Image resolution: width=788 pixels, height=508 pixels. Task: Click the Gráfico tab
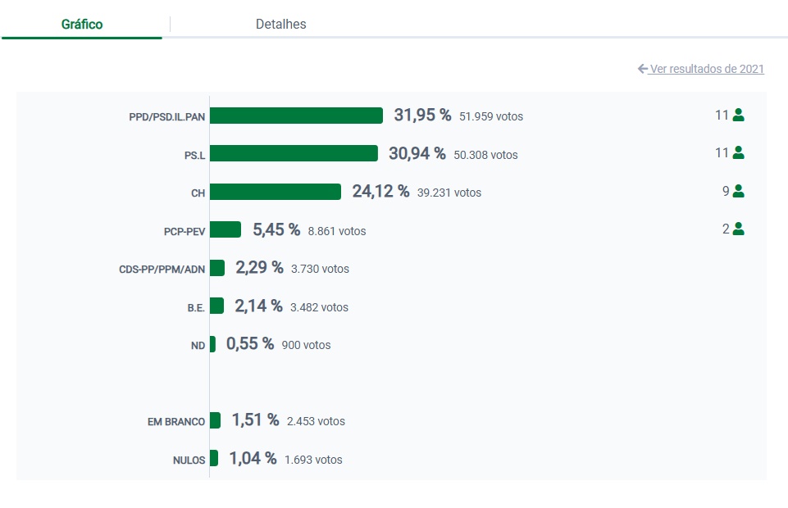click(x=82, y=25)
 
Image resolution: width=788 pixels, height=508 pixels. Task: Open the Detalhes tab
click(x=280, y=25)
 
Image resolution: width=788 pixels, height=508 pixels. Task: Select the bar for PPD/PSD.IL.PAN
click(x=296, y=116)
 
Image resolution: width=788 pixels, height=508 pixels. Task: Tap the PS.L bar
click(x=294, y=153)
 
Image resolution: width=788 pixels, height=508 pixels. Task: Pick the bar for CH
click(x=276, y=192)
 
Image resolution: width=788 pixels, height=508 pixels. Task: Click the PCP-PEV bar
click(x=225, y=229)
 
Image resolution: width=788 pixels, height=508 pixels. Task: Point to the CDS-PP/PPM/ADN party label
click(x=162, y=269)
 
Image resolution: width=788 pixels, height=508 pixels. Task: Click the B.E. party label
click(x=195, y=307)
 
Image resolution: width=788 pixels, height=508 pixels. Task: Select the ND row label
click(x=198, y=346)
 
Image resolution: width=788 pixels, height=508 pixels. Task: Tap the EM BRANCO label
click(x=176, y=422)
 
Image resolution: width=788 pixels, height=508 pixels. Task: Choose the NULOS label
click(x=189, y=460)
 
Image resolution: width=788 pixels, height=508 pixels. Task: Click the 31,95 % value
click(x=422, y=116)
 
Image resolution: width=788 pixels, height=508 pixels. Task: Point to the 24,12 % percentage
click(x=380, y=192)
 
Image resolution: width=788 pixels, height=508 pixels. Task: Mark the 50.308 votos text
click(x=485, y=155)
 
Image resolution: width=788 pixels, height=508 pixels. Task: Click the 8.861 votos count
click(x=337, y=231)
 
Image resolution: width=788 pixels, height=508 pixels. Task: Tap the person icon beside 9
click(x=738, y=192)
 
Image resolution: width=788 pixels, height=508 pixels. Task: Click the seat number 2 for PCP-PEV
click(x=726, y=229)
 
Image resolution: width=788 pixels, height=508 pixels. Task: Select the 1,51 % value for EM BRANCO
click(x=255, y=420)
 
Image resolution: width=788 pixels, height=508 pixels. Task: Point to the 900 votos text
click(x=306, y=346)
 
